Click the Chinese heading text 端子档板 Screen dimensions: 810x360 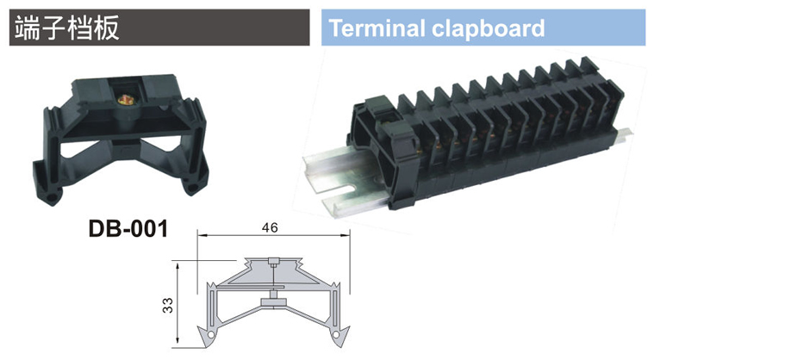[x=67, y=28]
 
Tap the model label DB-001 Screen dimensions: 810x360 [x=128, y=228]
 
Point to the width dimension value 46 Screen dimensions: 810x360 [x=270, y=227]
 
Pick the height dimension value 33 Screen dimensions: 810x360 [x=167, y=305]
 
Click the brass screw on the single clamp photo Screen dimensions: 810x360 [x=123, y=99]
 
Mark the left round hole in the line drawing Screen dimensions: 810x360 [x=209, y=335]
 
